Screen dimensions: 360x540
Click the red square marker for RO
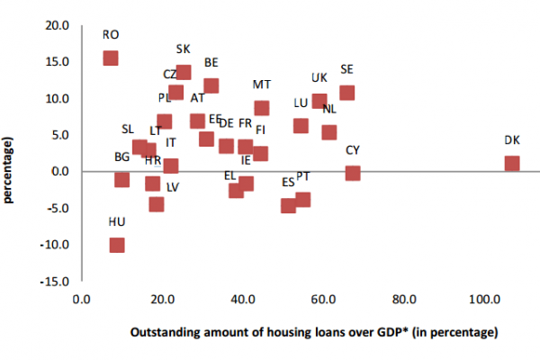111,58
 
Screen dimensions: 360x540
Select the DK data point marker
512,164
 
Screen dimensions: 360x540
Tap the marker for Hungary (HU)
117,245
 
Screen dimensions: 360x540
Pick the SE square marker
347,93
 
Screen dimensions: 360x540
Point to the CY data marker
353,173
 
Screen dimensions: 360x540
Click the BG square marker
122,180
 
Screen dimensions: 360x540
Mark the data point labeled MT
262,108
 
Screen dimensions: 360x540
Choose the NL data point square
329,132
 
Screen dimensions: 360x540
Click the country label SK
184,49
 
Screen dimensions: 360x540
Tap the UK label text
319,77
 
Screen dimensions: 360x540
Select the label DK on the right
512,139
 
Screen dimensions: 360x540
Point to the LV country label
173,187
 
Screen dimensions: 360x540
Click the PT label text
303,176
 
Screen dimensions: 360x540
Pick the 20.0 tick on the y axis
58,25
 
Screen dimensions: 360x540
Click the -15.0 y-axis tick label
56,281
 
